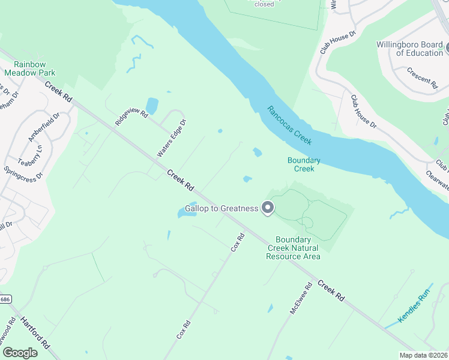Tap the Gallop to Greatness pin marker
pyautogui.click(x=268, y=208)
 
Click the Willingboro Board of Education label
pyautogui.click(x=410, y=49)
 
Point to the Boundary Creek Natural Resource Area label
pyautogui.click(x=293, y=248)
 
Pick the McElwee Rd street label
pyautogui.click(x=300, y=299)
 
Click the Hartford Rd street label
pyautogui.click(x=35, y=332)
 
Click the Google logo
pyautogui.click(x=20, y=353)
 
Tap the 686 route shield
pyautogui.click(x=5, y=298)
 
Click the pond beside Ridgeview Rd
pyautogui.click(x=152, y=106)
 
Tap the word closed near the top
pyautogui.click(x=264, y=4)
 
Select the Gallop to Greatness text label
pyautogui.click(x=221, y=208)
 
